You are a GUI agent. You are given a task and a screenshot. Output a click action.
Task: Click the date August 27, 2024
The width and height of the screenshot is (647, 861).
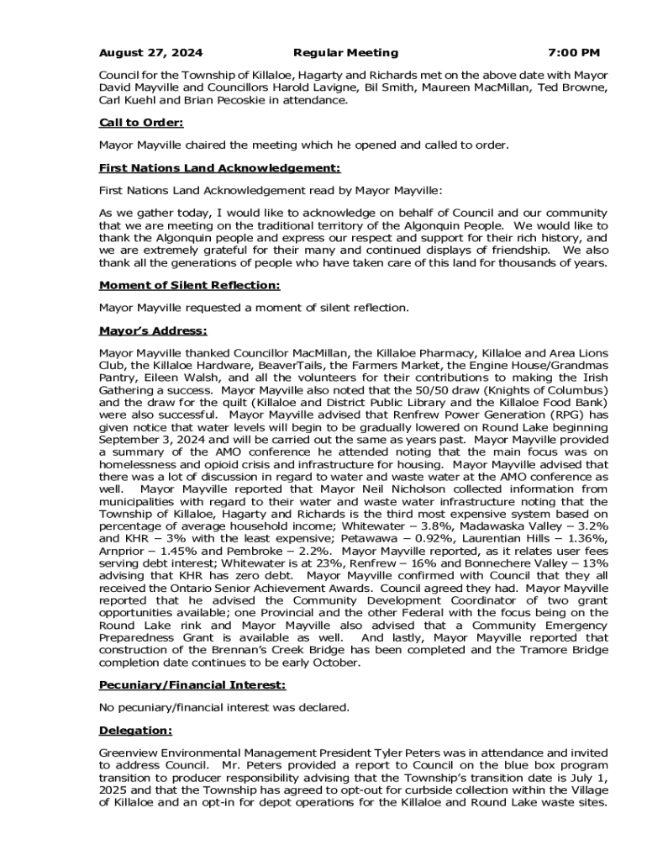pyautogui.click(x=150, y=53)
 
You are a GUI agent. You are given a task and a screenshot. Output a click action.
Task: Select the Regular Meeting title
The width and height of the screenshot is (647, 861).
pyautogui.click(x=346, y=53)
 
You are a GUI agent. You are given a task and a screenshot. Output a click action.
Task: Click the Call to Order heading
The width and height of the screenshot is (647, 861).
pyautogui.click(x=140, y=123)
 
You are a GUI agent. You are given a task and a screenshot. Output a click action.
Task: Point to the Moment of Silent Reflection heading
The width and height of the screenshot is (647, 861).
pyautogui.click(x=189, y=285)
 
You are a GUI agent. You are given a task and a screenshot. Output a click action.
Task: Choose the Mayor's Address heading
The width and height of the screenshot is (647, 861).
pyautogui.click(x=153, y=330)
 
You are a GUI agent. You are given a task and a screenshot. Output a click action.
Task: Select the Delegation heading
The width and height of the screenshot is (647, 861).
pyautogui.click(x=135, y=731)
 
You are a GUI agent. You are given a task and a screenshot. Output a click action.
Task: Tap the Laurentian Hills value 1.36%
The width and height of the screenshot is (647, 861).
pyautogui.click(x=589, y=536)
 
